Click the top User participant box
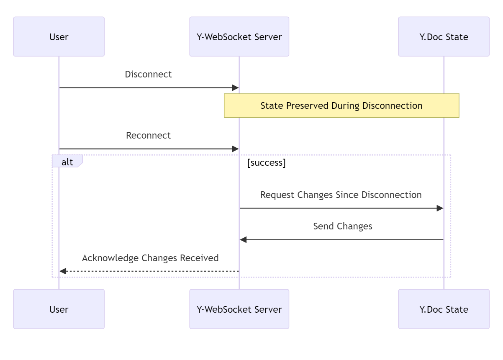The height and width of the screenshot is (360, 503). coord(59,37)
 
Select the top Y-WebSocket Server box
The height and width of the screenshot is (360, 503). coord(239,37)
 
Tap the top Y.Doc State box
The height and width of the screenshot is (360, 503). coord(444,37)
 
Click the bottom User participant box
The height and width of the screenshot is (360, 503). coord(59,309)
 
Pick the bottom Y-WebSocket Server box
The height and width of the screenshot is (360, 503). coord(239,309)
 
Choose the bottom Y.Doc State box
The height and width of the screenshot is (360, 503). coord(444,309)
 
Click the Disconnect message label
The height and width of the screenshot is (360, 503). coord(148,75)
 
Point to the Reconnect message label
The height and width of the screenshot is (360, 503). coord(148,136)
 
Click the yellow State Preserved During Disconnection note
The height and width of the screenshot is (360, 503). coord(341,105)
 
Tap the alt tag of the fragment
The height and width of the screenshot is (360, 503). coord(67,162)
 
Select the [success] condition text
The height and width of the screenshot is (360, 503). coord(266,163)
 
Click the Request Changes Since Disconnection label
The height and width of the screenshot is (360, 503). coord(341,195)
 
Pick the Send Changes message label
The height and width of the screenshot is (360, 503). coord(342,226)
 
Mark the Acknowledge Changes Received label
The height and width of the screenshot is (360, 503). coord(150,258)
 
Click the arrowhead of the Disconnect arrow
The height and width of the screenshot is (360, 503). coord(235,88)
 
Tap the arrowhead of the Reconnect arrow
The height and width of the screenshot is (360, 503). coord(235,149)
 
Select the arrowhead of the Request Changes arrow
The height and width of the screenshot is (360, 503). coord(440,208)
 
